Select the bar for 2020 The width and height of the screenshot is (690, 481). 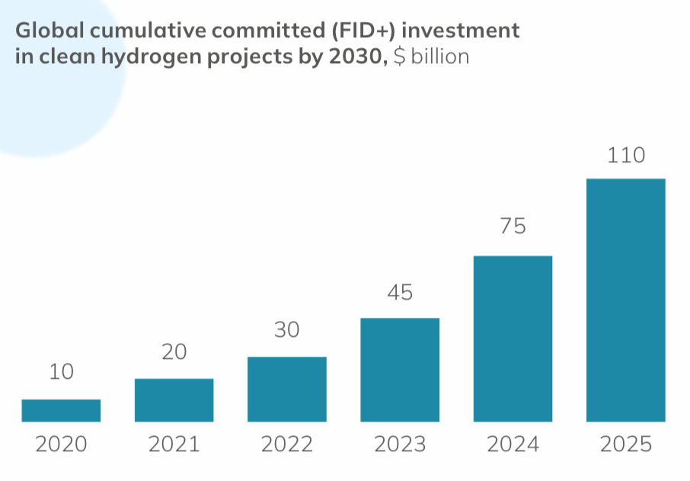(x=61, y=410)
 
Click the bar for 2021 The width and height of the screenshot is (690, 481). (x=174, y=400)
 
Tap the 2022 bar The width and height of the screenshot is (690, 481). (x=286, y=389)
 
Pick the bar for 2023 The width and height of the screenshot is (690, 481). (x=399, y=370)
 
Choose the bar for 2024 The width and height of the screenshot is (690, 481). (x=513, y=338)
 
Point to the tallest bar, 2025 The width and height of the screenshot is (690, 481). (x=625, y=300)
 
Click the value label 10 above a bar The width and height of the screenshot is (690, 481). (x=61, y=373)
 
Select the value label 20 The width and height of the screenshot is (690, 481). (x=174, y=351)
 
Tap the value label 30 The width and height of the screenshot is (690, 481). (x=286, y=330)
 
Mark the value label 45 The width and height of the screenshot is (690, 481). (x=399, y=292)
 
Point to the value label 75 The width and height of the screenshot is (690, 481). (x=513, y=226)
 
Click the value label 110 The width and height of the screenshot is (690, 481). (x=626, y=156)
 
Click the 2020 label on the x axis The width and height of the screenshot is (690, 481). (x=61, y=444)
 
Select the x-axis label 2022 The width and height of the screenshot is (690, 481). (x=286, y=444)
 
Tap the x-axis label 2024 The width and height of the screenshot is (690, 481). (x=513, y=444)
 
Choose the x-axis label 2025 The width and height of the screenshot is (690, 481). (x=625, y=444)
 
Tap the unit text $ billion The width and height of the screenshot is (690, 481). (x=431, y=57)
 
